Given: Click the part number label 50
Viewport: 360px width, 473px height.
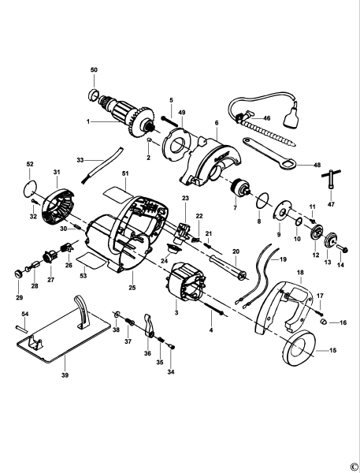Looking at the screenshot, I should pyautogui.click(x=94, y=71).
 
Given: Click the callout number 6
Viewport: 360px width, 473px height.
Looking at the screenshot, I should pyautogui.click(x=216, y=124).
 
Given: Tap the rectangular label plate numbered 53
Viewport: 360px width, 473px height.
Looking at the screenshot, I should pyautogui.click(x=88, y=259).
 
